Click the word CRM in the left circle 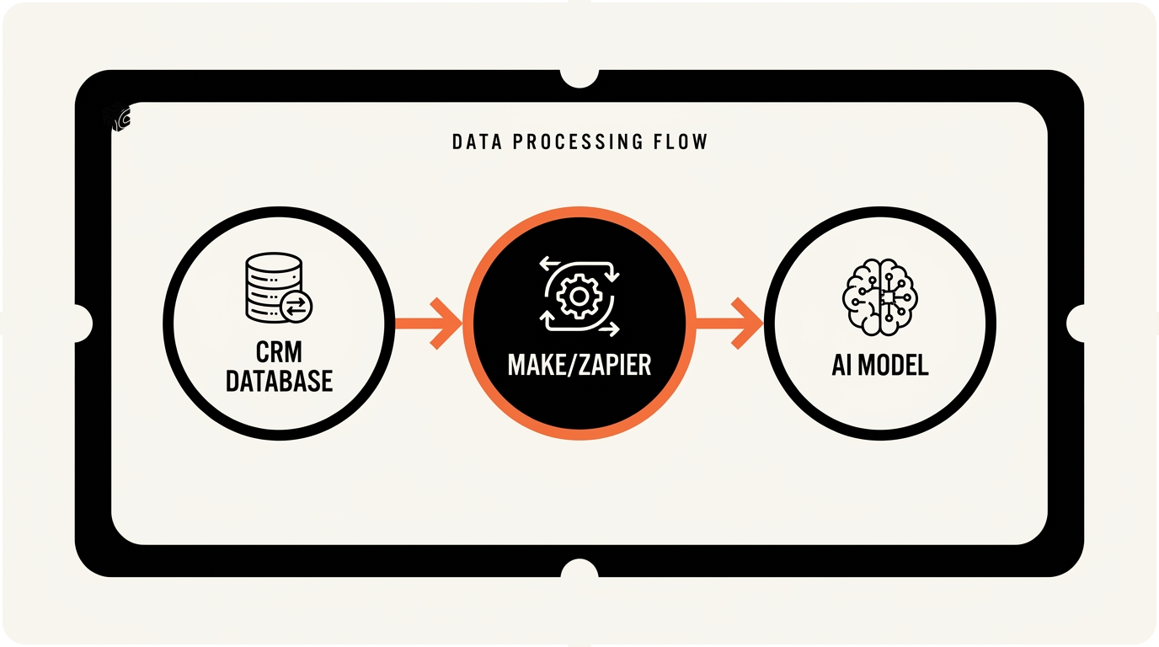click(279, 352)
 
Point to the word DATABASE click(279, 381)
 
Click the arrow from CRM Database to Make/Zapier click(429, 323)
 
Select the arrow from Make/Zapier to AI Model click(729, 323)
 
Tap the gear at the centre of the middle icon click(579, 297)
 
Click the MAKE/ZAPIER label click(579, 365)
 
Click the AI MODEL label click(880, 365)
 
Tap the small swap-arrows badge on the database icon click(296, 307)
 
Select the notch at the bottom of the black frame click(579, 570)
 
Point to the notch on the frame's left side click(82, 323)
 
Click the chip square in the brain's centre click(887, 297)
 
